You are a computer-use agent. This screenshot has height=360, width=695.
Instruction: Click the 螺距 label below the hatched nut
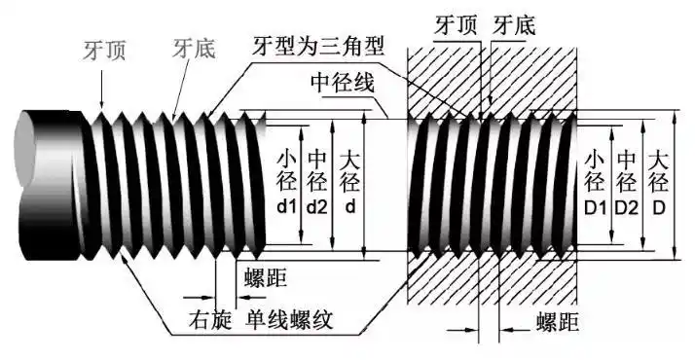(x=560, y=322)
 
